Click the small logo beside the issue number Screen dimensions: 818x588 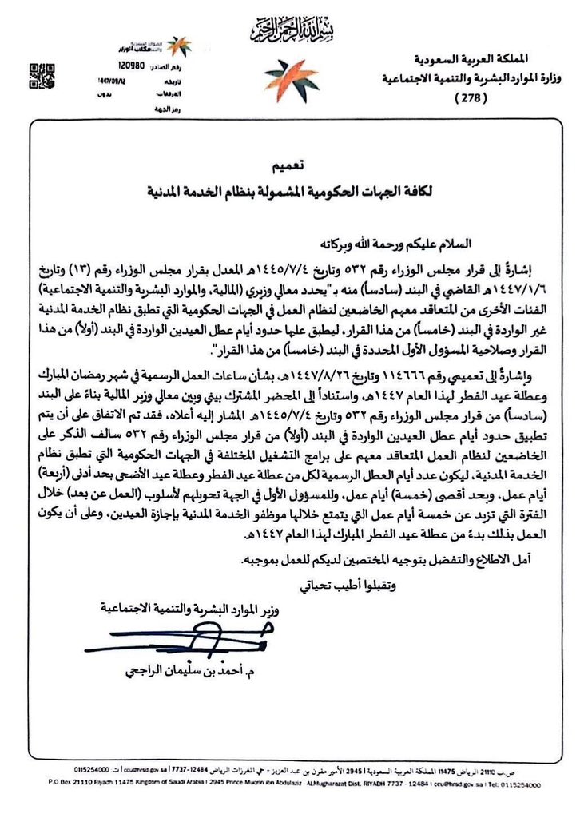177,46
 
